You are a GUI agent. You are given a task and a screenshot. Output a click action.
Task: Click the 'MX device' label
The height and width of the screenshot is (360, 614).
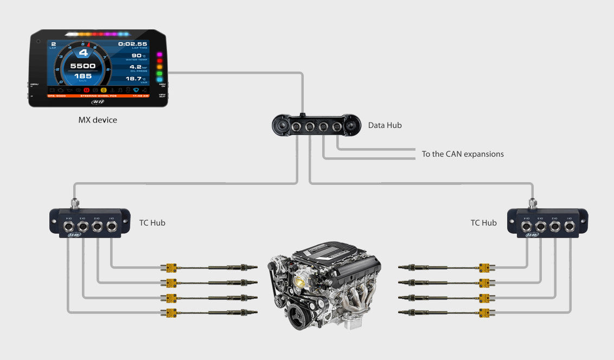98,120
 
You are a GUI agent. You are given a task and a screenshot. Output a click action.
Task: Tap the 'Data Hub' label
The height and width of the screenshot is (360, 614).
385,126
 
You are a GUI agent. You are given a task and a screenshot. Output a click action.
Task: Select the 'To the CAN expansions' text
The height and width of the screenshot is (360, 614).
463,154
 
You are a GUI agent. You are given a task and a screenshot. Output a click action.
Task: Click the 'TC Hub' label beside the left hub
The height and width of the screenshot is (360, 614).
152,223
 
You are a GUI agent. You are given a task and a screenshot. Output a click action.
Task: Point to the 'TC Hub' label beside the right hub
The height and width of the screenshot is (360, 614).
483,223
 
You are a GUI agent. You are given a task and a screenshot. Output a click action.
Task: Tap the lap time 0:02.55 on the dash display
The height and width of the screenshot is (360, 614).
132,44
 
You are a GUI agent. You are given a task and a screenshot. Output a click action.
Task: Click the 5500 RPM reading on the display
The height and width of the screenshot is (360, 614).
83,66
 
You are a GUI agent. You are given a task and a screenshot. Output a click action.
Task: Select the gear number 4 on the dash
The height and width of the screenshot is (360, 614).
83,53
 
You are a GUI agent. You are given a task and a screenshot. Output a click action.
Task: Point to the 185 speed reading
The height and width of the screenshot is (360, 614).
83,76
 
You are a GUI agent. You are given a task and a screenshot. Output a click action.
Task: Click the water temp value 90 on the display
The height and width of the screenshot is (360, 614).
135,55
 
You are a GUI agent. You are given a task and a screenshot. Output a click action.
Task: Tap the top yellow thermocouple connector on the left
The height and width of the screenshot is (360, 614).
171,267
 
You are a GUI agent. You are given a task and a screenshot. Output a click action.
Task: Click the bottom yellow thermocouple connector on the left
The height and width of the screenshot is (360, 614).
171,312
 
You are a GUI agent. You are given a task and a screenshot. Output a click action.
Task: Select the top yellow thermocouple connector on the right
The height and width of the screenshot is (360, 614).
484,267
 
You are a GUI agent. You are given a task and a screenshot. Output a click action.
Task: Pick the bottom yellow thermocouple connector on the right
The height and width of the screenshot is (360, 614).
484,312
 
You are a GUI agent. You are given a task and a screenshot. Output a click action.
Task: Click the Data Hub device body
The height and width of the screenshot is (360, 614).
316,125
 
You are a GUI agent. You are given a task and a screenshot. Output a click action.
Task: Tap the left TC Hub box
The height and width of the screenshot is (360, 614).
89,222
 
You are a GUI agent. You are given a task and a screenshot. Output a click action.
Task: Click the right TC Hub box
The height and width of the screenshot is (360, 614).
547,222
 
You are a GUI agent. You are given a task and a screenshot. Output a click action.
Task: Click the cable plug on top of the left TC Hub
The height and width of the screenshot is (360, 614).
75,204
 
